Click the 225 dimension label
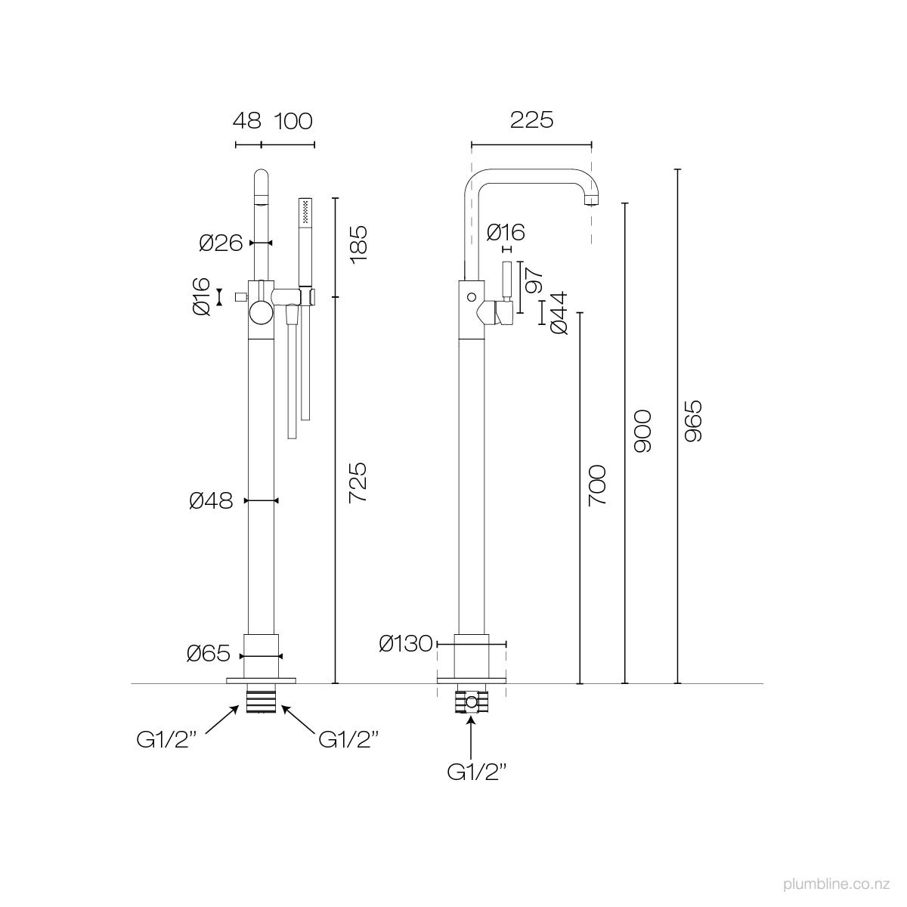[x=531, y=120]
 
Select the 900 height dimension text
[x=642, y=432]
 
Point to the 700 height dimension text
[x=596, y=485]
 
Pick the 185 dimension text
[x=357, y=243]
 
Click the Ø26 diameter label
[x=221, y=243]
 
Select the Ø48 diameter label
[x=211, y=500]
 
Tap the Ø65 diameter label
[x=209, y=655]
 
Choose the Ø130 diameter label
[x=406, y=644]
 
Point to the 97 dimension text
[x=534, y=280]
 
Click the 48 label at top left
[x=246, y=120]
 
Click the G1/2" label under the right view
[x=476, y=772]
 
